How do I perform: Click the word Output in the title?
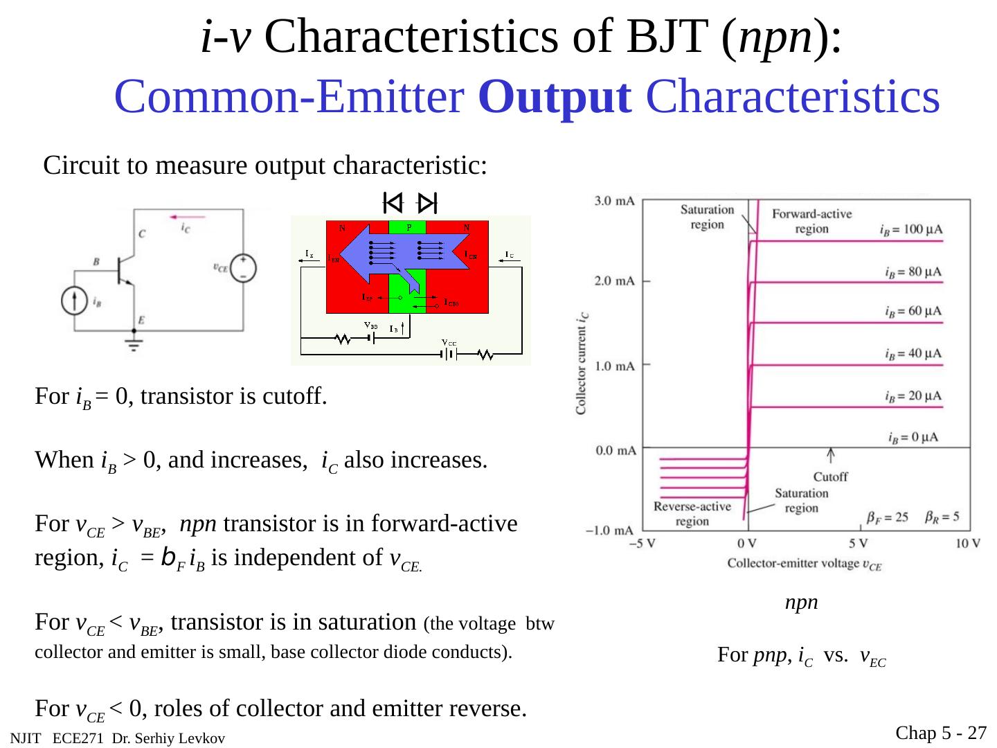tap(555, 97)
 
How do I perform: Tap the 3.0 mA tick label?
tap(615, 201)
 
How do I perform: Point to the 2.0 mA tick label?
tap(615, 280)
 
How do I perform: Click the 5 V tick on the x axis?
tap(859, 543)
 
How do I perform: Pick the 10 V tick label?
tap(967, 543)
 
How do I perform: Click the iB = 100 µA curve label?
tap(910, 229)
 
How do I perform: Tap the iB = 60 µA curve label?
tap(913, 312)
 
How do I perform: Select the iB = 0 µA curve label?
tap(913, 437)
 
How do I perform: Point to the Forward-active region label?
tap(811, 221)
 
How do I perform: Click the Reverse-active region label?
tap(692, 514)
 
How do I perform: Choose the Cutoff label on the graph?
tap(830, 477)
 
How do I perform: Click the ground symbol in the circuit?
tap(134, 344)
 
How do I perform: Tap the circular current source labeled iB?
tap(72, 301)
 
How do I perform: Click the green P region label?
tap(408, 227)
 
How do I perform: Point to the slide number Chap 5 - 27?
tap(941, 733)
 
